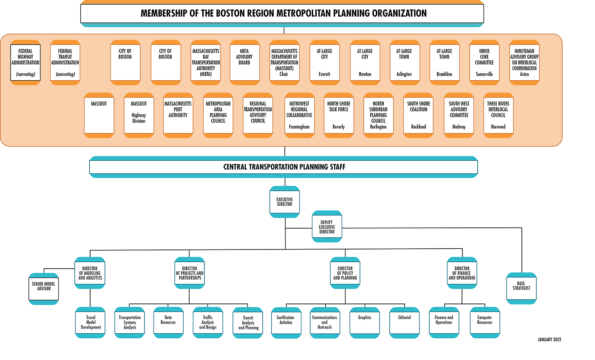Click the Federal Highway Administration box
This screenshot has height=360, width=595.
[x=25, y=62]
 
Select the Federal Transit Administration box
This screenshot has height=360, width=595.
[x=65, y=62]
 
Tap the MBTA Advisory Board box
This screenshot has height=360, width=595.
[x=245, y=62]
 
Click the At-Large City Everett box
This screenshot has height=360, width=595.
[x=325, y=62]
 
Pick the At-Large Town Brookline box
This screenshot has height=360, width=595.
[x=445, y=62]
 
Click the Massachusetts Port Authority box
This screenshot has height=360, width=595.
[x=178, y=115]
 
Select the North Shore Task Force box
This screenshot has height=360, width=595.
[x=339, y=115]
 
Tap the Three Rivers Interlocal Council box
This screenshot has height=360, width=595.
[x=499, y=115]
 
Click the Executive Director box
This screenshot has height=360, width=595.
[x=285, y=202]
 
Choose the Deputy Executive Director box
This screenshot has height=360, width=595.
[x=327, y=227]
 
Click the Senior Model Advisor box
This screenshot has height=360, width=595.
[x=43, y=289]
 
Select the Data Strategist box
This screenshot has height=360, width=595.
[x=521, y=288]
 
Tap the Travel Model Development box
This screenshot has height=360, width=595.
[x=91, y=323]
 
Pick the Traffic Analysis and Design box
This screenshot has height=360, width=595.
[x=208, y=323]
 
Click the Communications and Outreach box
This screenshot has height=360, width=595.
[x=325, y=323]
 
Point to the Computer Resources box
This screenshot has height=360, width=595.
[x=484, y=323]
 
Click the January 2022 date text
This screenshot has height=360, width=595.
[x=550, y=340]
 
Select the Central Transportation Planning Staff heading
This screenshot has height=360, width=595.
[x=284, y=167]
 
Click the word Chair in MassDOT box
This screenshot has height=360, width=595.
[x=284, y=74]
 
